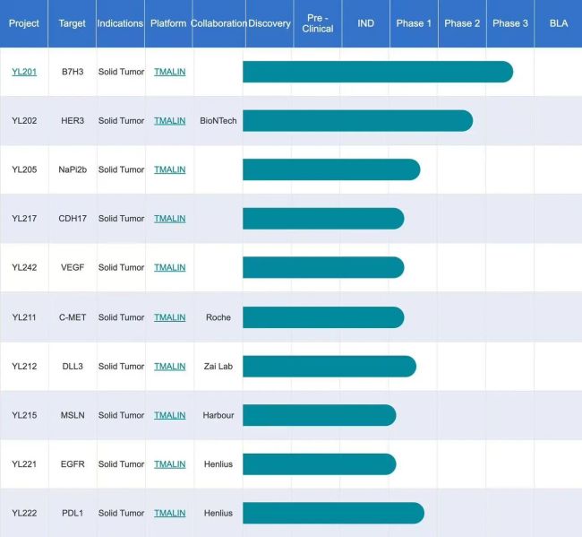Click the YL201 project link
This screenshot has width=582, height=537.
[24, 72]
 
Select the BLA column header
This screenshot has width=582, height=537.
[558, 23]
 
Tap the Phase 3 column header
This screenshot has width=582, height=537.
[510, 23]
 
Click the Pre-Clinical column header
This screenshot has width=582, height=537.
[317, 23]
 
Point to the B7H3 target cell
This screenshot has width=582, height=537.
[73, 72]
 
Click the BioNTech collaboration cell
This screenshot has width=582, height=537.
[218, 121]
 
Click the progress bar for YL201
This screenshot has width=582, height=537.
[376, 72]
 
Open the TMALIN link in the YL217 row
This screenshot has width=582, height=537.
[169, 219]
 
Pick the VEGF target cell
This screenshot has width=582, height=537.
[73, 267]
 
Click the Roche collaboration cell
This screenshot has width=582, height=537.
[218, 317]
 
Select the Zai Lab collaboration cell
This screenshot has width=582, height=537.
[218, 366]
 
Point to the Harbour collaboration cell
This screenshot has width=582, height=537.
[218, 415]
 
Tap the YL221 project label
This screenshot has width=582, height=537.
[24, 464]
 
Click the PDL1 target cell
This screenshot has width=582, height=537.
[73, 513]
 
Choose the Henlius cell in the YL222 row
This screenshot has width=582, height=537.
[218, 513]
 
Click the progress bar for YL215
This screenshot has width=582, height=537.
[318, 415]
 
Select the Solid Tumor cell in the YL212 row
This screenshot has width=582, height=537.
[121, 366]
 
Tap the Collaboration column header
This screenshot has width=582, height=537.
[218, 23]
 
